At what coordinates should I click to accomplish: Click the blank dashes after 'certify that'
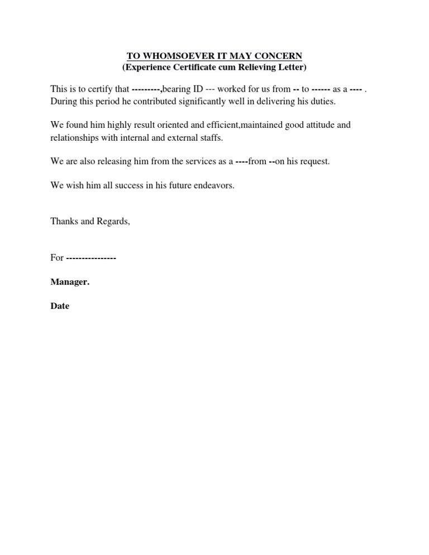[x=147, y=89]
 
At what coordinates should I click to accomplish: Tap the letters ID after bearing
[x=198, y=89]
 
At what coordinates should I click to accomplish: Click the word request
[x=314, y=161]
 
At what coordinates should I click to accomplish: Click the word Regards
[x=112, y=222]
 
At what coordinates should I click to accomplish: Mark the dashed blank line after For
[x=90, y=258]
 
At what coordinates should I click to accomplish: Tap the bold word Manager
[x=70, y=282]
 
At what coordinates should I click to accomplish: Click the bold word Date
[x=60, y=306]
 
